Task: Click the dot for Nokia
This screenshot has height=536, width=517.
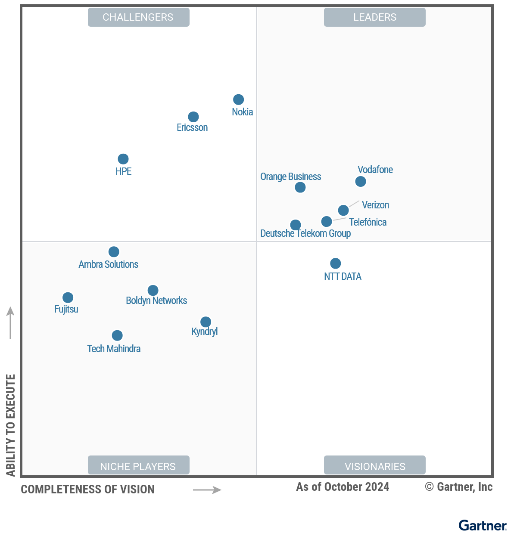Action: click(x=238, y=99)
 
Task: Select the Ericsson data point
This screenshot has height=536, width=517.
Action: click(x=193, y=117)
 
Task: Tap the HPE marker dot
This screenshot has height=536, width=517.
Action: click(x=123, y=159)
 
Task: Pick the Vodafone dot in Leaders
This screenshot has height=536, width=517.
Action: click(x=361, y=181)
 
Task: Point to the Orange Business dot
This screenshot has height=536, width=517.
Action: click(x=300, y=187)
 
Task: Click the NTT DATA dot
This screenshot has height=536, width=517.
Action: click(x=336, y=263)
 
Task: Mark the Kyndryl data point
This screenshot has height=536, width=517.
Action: click(x=206, y=322)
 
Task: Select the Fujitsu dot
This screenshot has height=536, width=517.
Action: click(x=68, y=297)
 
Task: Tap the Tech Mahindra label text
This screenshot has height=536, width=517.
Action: click(x=114, y=349)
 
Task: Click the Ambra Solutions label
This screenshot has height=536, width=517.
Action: click(x=109, y=264)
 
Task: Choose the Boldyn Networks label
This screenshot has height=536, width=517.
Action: click(x=156, y=301)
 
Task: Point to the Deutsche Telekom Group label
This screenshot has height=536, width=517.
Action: click(x=305, y=233)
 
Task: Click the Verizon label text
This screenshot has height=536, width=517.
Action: click(x=375, y=205)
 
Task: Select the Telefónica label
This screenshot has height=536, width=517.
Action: click(x=368, y=222)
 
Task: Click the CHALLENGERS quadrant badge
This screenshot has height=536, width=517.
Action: click(x=138, y=17)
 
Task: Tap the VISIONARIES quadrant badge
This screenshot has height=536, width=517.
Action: click(x=375, y=466)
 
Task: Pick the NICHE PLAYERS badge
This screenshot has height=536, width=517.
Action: click(x=138, y=466)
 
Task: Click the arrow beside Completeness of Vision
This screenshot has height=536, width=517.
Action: click(x=207, y=490)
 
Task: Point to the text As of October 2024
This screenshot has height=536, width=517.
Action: click(x=343, y=487)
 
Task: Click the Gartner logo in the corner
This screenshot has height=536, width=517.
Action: click(x=483, y=525)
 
